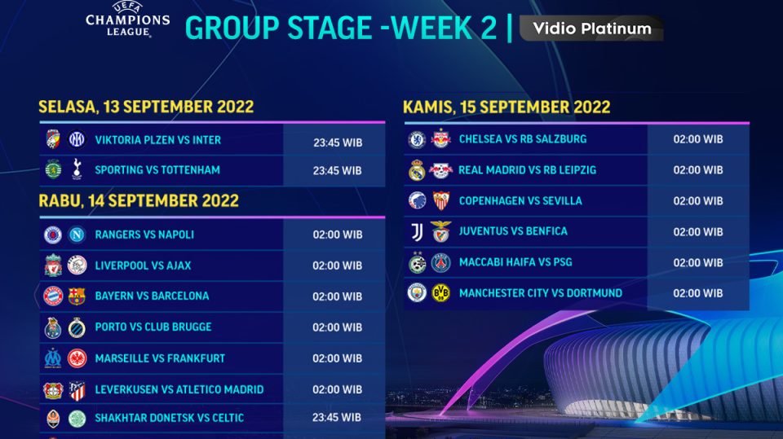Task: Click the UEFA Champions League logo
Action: [x=128, y=19]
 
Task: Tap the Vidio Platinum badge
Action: [x=591, y=29]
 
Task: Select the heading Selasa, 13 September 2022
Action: [x=146, y=107]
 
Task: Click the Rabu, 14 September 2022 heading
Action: [x=139, y=200]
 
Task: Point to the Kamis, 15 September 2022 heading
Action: [x=507, y=108]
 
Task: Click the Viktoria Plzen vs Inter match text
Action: [x=157, y=140]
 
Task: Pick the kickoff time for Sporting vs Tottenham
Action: [x=337, y=171]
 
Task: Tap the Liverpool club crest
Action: [x=53, y=266]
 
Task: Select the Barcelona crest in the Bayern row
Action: [x=77, y=296]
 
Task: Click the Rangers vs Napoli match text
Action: [x=144, y=235]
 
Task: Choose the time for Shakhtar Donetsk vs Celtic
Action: [x=337, y=418]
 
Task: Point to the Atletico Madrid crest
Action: [x=77, y=389]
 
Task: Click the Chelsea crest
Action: [x=417, y=139]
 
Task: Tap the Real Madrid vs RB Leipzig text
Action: [x=527, y=170]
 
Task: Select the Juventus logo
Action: [x=417, y=232]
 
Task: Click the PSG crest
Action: [x=440, y=262]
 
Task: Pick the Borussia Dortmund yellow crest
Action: [x=440, y=292]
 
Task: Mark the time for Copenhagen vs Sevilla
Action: [x=697, y=201]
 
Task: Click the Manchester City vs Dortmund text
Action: [x=540, y=293]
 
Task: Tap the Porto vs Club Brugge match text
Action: [x=153, y=327]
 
